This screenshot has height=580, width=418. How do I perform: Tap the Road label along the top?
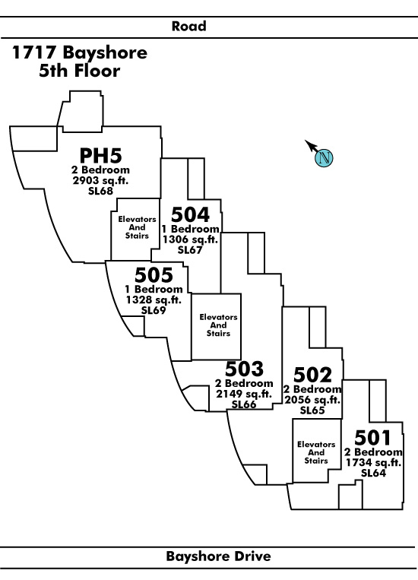click(x=189, y=27)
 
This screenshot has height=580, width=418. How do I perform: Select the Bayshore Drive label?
click(x=218, y=556)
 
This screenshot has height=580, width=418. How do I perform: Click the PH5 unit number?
click(x=100, y=155)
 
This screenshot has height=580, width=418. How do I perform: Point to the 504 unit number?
click(x=190, y=214)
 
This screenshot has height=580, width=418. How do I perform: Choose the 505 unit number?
click(x=154, y=275)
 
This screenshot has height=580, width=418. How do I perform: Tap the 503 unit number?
click(x=244, y=369)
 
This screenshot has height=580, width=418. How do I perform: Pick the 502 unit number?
click(x=312, y=375)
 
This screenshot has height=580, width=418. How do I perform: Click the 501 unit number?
click(x=372, y=438)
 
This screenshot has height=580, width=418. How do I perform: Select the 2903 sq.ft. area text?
click(x=100, y=180)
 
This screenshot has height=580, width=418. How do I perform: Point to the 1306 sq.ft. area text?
click(x=190, y=239)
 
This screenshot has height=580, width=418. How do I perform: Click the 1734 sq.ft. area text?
click(x=373, y=462)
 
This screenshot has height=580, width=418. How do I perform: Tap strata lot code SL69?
click(x=154, y=310)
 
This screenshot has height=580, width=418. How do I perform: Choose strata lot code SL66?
click(x=244, y=404)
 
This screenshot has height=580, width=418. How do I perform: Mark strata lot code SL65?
click(x=312, y=410)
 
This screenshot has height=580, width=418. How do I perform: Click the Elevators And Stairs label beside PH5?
click(x=137, y=227)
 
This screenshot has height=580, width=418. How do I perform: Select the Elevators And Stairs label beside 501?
click(x=316, y=452)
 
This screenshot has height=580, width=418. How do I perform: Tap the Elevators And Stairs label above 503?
click(x=218, y=325)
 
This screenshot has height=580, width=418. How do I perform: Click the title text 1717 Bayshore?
click(x=80, y=52)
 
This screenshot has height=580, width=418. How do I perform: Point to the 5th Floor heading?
click(x=80, y=71)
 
